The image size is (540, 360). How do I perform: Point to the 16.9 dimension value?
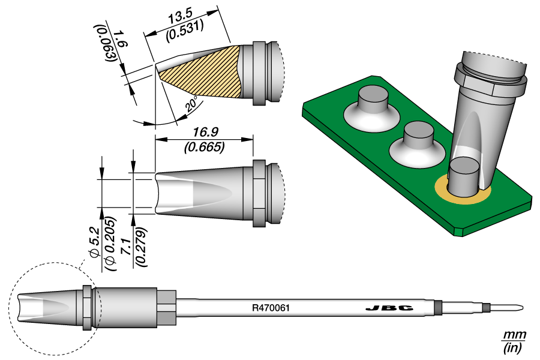pos(205,133)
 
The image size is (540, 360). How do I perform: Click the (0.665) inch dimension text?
pos(205,146)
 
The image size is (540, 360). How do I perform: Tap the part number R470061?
pos(271,308)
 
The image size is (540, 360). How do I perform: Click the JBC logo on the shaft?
pos(389,308)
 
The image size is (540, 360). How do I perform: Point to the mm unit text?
pos(514,334)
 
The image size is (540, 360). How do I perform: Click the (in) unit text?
pos(514,347)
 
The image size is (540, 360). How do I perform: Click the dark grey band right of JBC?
pos(438,308)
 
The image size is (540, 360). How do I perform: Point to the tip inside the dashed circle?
pos(45,308)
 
